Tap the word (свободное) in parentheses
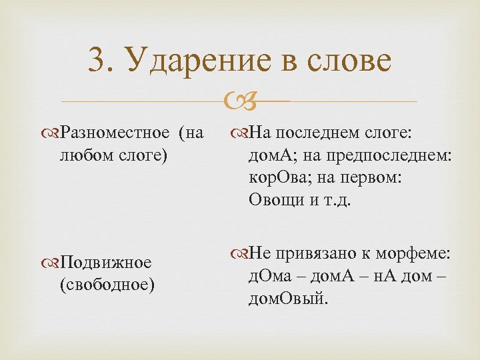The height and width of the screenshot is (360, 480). click(x=107, y=285)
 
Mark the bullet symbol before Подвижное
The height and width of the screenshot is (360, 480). click(x=53, y=263)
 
